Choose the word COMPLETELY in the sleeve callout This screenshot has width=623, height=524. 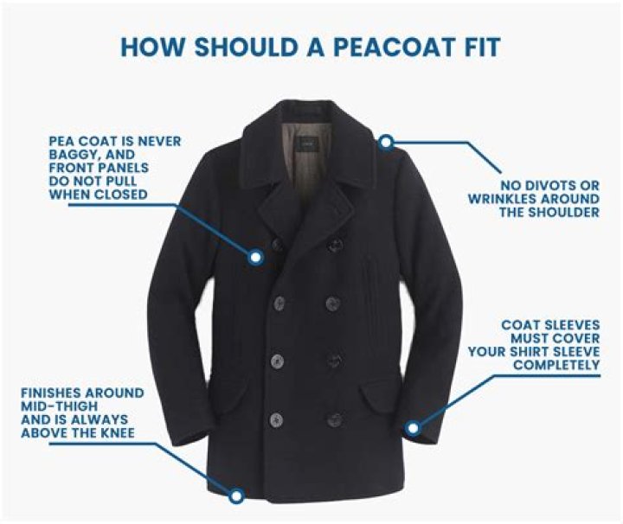pos(557,366)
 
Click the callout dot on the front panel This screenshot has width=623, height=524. pos(256,257)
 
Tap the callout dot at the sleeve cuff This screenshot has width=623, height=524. pos(413,427)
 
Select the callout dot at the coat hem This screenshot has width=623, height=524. pos(235,495)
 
